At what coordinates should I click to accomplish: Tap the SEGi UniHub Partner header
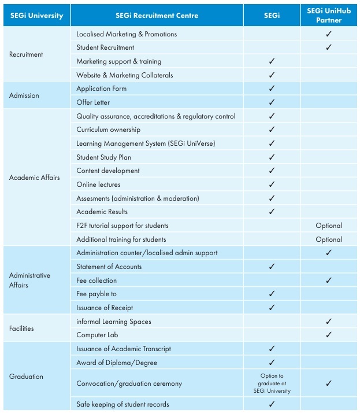pyautogui.click(x=329, y=16)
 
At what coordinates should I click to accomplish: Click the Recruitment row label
pyautogui.click(x=26, y=54)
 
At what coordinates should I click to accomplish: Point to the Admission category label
pyautogui.click(x=24, y=95)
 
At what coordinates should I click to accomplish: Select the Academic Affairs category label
pyautogui.click(x=34, y=178)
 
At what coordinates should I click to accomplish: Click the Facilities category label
pyautogui.click(x=21, y=329)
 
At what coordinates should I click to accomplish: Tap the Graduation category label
pyautogui.click(x=26, y=377)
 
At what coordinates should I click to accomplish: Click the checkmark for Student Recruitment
pyautogui.click(x=329, y=47)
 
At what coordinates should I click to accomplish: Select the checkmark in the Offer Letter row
pyautogui.click(x=272, y=102)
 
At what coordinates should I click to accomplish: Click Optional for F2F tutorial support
pyautogui.click(x=329, y=226)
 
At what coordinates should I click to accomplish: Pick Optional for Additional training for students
pyautogui.click(x=329, y=239)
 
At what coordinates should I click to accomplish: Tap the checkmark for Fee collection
pyautogui.click(x=329, y=281)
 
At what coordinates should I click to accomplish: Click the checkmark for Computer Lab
pyautogui.click(x=329, y=335)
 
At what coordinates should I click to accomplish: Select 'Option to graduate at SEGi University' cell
pyautogui.click(x=272, y=384)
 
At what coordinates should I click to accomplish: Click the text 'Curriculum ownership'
pyautogui.click(x=109, y=130)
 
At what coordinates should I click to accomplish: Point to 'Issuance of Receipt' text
pyautogui.click(x=105, y=308)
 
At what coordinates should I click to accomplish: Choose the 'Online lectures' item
pyautogui.click(x=98, y=185)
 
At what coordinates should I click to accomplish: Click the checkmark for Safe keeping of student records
pyautogui.click(x=272, y=404)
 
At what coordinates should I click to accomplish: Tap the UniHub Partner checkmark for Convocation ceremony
pyautogui.click(x=329, y=384)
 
